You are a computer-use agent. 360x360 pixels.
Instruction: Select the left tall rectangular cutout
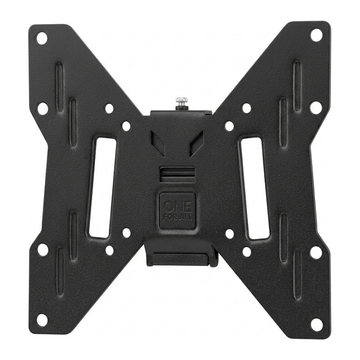click(103, 188)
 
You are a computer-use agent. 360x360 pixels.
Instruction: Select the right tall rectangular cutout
click(255, 188)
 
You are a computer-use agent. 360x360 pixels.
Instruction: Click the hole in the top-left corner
click(42, 38)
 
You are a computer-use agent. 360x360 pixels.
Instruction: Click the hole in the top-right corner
click(316, 35)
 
